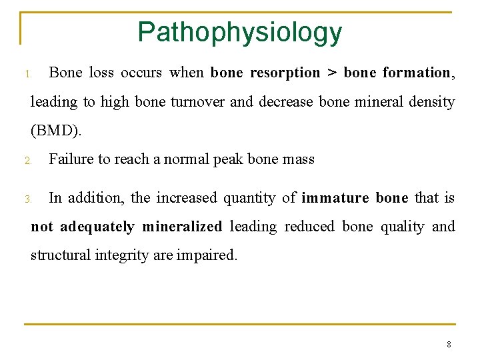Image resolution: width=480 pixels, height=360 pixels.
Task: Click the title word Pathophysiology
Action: point(239,32)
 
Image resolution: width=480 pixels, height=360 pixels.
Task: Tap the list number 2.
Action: point(27,161)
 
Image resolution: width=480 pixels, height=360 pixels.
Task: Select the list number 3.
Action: point(27,199)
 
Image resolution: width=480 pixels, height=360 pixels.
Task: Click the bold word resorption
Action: point(285,73)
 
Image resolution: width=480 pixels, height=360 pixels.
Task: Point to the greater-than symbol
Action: point(331,73)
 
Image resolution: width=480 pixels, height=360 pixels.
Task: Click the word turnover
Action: point(196,102)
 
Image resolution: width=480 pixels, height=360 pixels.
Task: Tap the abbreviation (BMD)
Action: point(56,131)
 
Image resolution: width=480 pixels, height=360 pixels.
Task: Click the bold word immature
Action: point(335,198)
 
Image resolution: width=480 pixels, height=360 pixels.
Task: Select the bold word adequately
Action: point(97,227)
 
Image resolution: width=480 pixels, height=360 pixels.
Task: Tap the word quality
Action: point(402,227)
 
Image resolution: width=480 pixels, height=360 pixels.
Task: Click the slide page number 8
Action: point(449,345)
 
